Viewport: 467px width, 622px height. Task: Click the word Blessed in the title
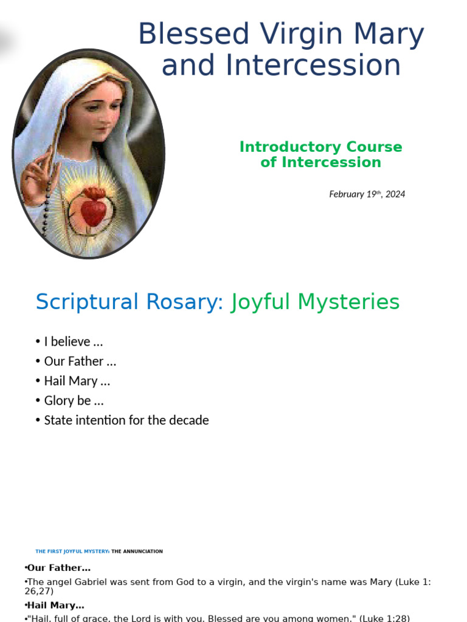pos(193,35)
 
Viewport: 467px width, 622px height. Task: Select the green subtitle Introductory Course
pos(320,147)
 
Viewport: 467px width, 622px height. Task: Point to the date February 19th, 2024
pos(367,194)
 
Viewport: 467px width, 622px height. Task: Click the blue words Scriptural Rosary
pos(130,302)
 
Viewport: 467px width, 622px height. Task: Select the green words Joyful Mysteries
pos(315,302)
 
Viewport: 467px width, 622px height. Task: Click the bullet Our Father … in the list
pos(80,361)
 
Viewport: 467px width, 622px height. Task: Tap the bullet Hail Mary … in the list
pos(77,381)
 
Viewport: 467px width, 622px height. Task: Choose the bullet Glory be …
pos(74,401)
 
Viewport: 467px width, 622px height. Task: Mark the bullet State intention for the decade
pos(126,420)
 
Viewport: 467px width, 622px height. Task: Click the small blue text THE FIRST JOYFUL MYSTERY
pos(72,552)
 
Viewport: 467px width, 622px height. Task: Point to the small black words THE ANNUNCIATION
pos(137,552)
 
